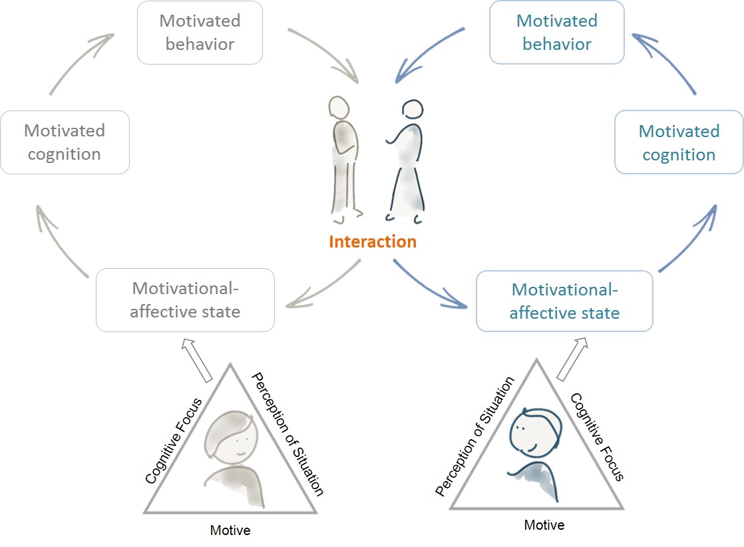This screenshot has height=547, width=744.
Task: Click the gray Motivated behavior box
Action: pyautogui.click(x=200, y=33)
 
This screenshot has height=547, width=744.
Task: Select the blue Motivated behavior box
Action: pyautogui.click(x=557, y=33)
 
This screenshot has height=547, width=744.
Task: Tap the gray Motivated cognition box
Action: pyautogui.click(x=65, y=142)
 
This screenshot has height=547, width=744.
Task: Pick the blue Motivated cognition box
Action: pyautogui.click(x=679, y=142)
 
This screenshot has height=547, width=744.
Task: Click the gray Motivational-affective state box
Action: pyautogui.click(x=185, y=300)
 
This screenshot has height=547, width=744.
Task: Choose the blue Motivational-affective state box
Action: pyautogui.click(x=564, y=301)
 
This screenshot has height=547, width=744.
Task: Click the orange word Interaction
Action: pyautogui.click(x=373, y=242)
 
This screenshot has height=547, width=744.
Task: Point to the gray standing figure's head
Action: pyautogui.click(x=339, y=108)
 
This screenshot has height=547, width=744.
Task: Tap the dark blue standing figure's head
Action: pyautogui.click(x=413, y=110)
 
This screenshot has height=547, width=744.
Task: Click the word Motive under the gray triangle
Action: pyautogui.click(x=230, y=530)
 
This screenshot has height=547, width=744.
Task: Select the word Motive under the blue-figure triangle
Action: pyautogui.click(x=544, y=525)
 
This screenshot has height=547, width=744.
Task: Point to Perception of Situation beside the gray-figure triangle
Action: pyautogui.click(x=287, y=434)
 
